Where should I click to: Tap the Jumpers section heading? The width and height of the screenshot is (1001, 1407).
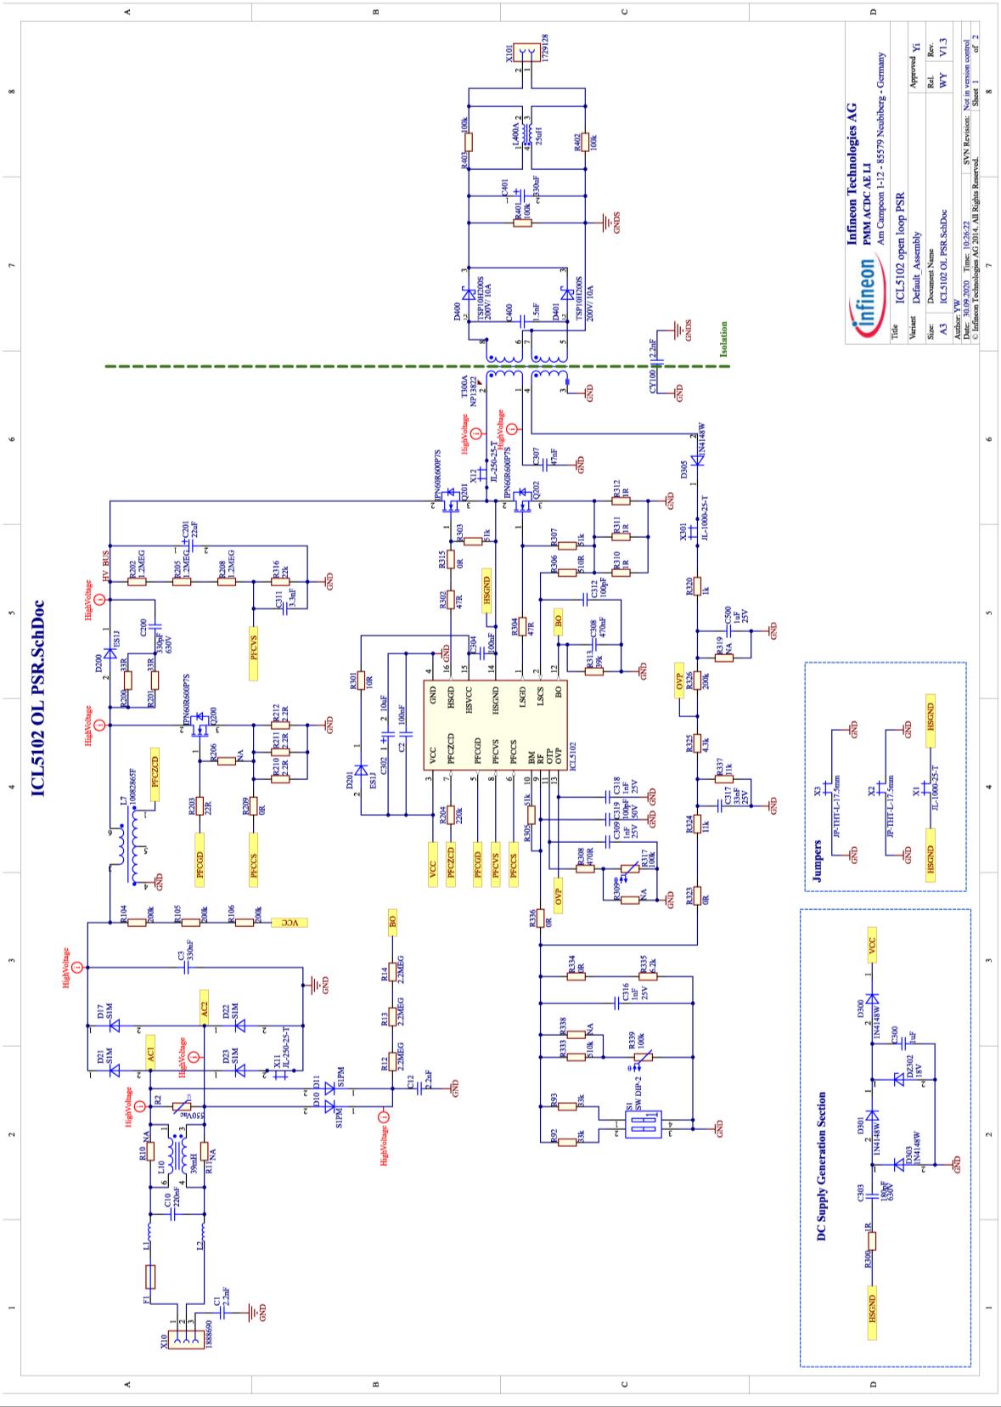pyautogui.click(x=817, y=861)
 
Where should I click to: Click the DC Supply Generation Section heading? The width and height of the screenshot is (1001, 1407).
pyautogui.click(x=821, y=1165)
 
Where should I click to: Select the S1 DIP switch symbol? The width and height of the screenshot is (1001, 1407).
pyautogui.click(x=638, y=1127)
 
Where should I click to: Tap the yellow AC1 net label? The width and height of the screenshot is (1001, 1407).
pyautogui.click(x=150, y=1050)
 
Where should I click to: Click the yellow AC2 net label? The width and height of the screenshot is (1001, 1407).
pyautogui.click(x=204, y=1005)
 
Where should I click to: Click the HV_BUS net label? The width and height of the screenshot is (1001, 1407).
pyautogui.click(x=105, y=567)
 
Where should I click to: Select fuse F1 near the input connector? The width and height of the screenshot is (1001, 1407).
pyautogui.click(x=150, y=1277)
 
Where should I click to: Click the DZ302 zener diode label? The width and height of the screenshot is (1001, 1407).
pyautogui.click(x=908, y=1065)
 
